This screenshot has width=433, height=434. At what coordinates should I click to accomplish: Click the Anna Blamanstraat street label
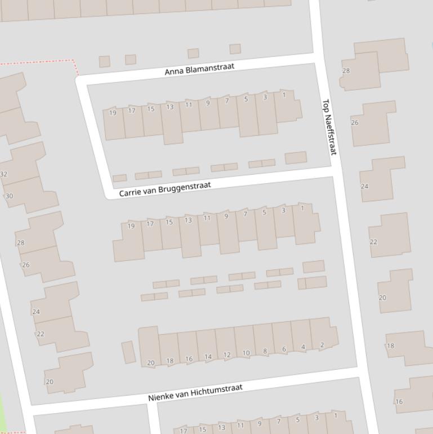pyautogui.click(x=199, y=69)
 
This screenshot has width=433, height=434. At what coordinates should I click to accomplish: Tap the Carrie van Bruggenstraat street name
pyautogui.click(x=165, y=189)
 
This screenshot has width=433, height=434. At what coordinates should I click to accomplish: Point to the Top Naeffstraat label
pyautogui.click(x=329, y=127)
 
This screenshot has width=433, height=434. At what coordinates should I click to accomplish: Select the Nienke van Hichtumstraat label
pyautogui.click(x=195, y=392)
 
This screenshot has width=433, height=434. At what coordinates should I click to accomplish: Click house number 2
pyautogui.click(x=322, y=345)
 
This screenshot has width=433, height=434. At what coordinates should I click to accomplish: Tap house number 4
pyautogui.click(x=303, y=347)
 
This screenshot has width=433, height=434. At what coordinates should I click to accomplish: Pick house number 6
pyautogui.click(x=284, y=349)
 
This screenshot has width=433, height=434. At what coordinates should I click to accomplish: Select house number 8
pyautogui.click(x=265, y=351)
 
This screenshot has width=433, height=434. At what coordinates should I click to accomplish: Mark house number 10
pyautogui.click(x=246, y=353)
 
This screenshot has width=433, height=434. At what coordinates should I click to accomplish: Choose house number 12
pyautogui.click(x=227, y=355)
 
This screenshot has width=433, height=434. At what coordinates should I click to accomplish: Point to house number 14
pyautogui.click(x=208, y=357)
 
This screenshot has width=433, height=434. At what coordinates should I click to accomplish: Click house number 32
pyautogui.click(x=3, y=174)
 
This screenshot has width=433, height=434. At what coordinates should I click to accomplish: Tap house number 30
pyautogui.click(x=9, y=196)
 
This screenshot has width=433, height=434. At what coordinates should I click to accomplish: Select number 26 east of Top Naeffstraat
pyautogui.click(x=355, y=122)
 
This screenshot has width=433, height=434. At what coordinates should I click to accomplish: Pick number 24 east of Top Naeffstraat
pyautogui.click(x=364, y=186)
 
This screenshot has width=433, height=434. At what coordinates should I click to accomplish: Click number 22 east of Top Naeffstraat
pyautogui.click(x=373, y=242)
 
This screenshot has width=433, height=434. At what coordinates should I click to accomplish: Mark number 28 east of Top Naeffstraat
pyautogui.click(x=346, y=70)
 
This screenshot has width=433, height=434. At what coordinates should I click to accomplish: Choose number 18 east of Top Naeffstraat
pyautogui.click(x=390, y=346)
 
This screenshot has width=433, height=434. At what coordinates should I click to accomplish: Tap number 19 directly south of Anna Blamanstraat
pyautogui.click(x=113, y=113)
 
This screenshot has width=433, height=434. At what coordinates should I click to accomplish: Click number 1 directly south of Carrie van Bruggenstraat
pyautogui.click(x=302, y=208)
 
